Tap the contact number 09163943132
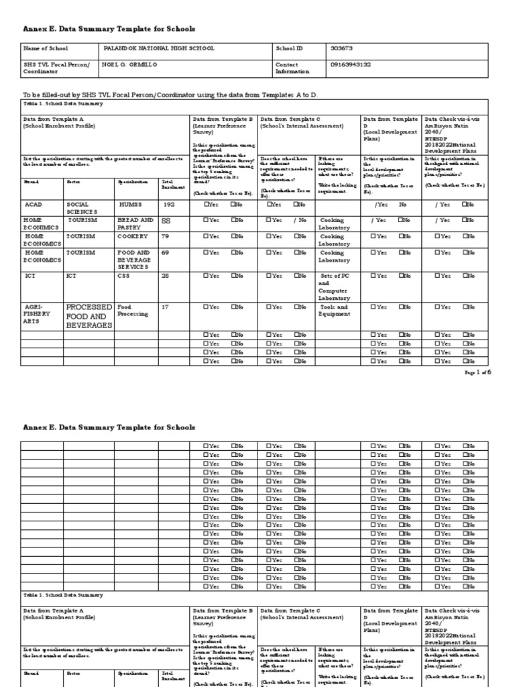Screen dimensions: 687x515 click(351, 64)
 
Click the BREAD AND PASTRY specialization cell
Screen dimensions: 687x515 click(135, 223)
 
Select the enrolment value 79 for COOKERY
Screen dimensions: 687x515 click(166, 237)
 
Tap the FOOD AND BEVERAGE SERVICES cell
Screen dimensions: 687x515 click(135, 260)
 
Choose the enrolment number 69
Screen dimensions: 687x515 click(166, 253)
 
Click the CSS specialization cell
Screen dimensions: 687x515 click(125, 276)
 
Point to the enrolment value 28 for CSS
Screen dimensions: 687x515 click(166, 276)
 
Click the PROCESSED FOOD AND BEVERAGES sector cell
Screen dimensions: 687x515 click(89, 316)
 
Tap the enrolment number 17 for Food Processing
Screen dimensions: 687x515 click(165, 307)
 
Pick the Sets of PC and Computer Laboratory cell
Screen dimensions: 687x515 click(336, 286)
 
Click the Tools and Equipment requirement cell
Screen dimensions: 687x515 click(335, 311)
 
